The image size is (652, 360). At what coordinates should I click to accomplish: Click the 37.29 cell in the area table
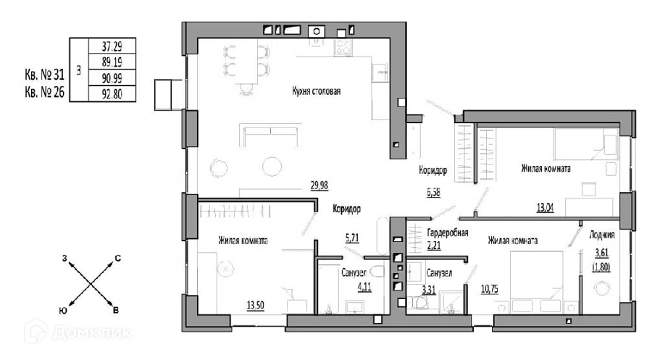click(112, 46)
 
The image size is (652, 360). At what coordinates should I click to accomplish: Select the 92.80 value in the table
click(112, 93)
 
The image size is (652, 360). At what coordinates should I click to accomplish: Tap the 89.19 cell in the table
click(112, 62)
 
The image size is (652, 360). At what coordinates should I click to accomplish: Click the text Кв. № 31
click(44, 75)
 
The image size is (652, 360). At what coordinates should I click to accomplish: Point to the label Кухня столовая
click(317, 91)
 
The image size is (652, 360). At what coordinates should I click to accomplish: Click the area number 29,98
click(319, 186)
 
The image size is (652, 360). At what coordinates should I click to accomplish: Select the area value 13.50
click(255, 306)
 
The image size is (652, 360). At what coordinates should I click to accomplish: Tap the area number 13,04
click(545, 207)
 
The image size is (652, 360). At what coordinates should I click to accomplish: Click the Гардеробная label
click(448, 233)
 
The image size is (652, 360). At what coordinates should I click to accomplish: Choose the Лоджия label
click(602, 235)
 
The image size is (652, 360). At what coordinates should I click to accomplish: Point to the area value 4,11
click(364, 286)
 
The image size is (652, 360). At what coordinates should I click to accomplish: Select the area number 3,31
click(429, 290)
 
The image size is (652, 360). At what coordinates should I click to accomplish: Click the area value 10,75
click(490, 289)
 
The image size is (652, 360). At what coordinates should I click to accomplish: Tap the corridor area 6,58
click(433, 193)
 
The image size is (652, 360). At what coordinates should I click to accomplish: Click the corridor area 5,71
click(352, 238)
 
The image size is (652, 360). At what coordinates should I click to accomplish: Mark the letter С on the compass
click(117, 258)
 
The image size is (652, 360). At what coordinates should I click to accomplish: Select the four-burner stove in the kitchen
click(343, 46)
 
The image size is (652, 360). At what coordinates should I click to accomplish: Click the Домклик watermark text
click(92, 333)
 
